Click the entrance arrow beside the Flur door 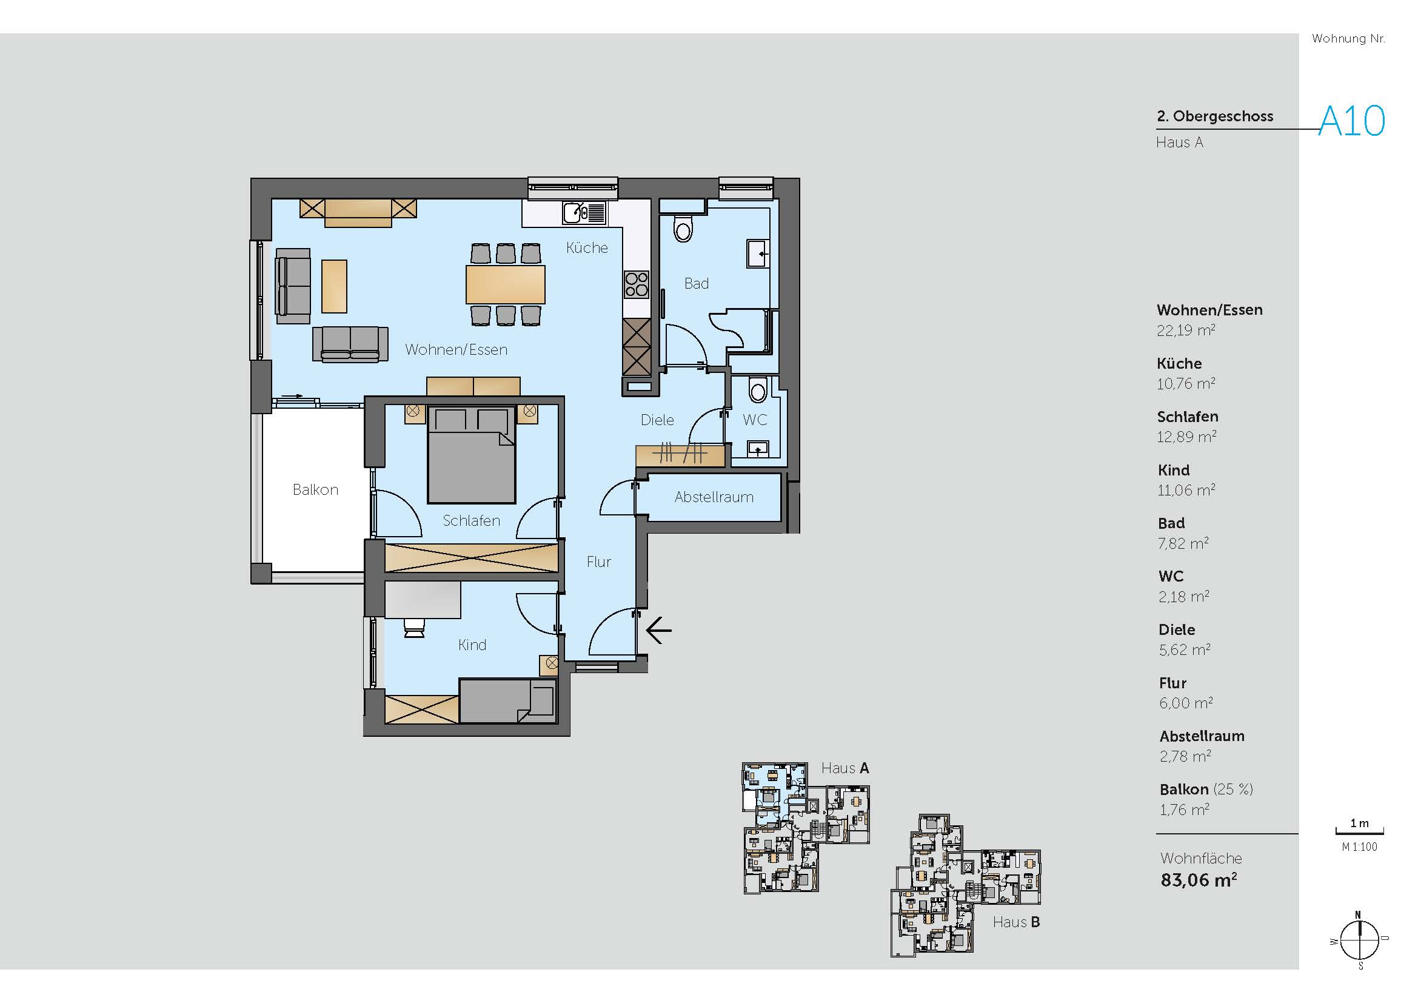(658, 631)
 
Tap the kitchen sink (584, 213)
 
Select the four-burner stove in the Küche (637, 285)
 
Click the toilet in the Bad (683, 229)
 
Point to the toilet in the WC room (757, 390)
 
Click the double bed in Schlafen (472, 454)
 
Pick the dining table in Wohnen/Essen (505, 284)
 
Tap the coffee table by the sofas (334, 286)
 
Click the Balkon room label (316, 490)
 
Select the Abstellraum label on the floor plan (714, 497)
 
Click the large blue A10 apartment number (1352, 121)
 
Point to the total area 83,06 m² (1199, 880)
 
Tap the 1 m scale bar (1359, 831)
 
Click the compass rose (1359, 941)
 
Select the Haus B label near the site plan (1017, 922)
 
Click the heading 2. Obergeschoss (1215, 116)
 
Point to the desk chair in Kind (414, 628)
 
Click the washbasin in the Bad (758, 253)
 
